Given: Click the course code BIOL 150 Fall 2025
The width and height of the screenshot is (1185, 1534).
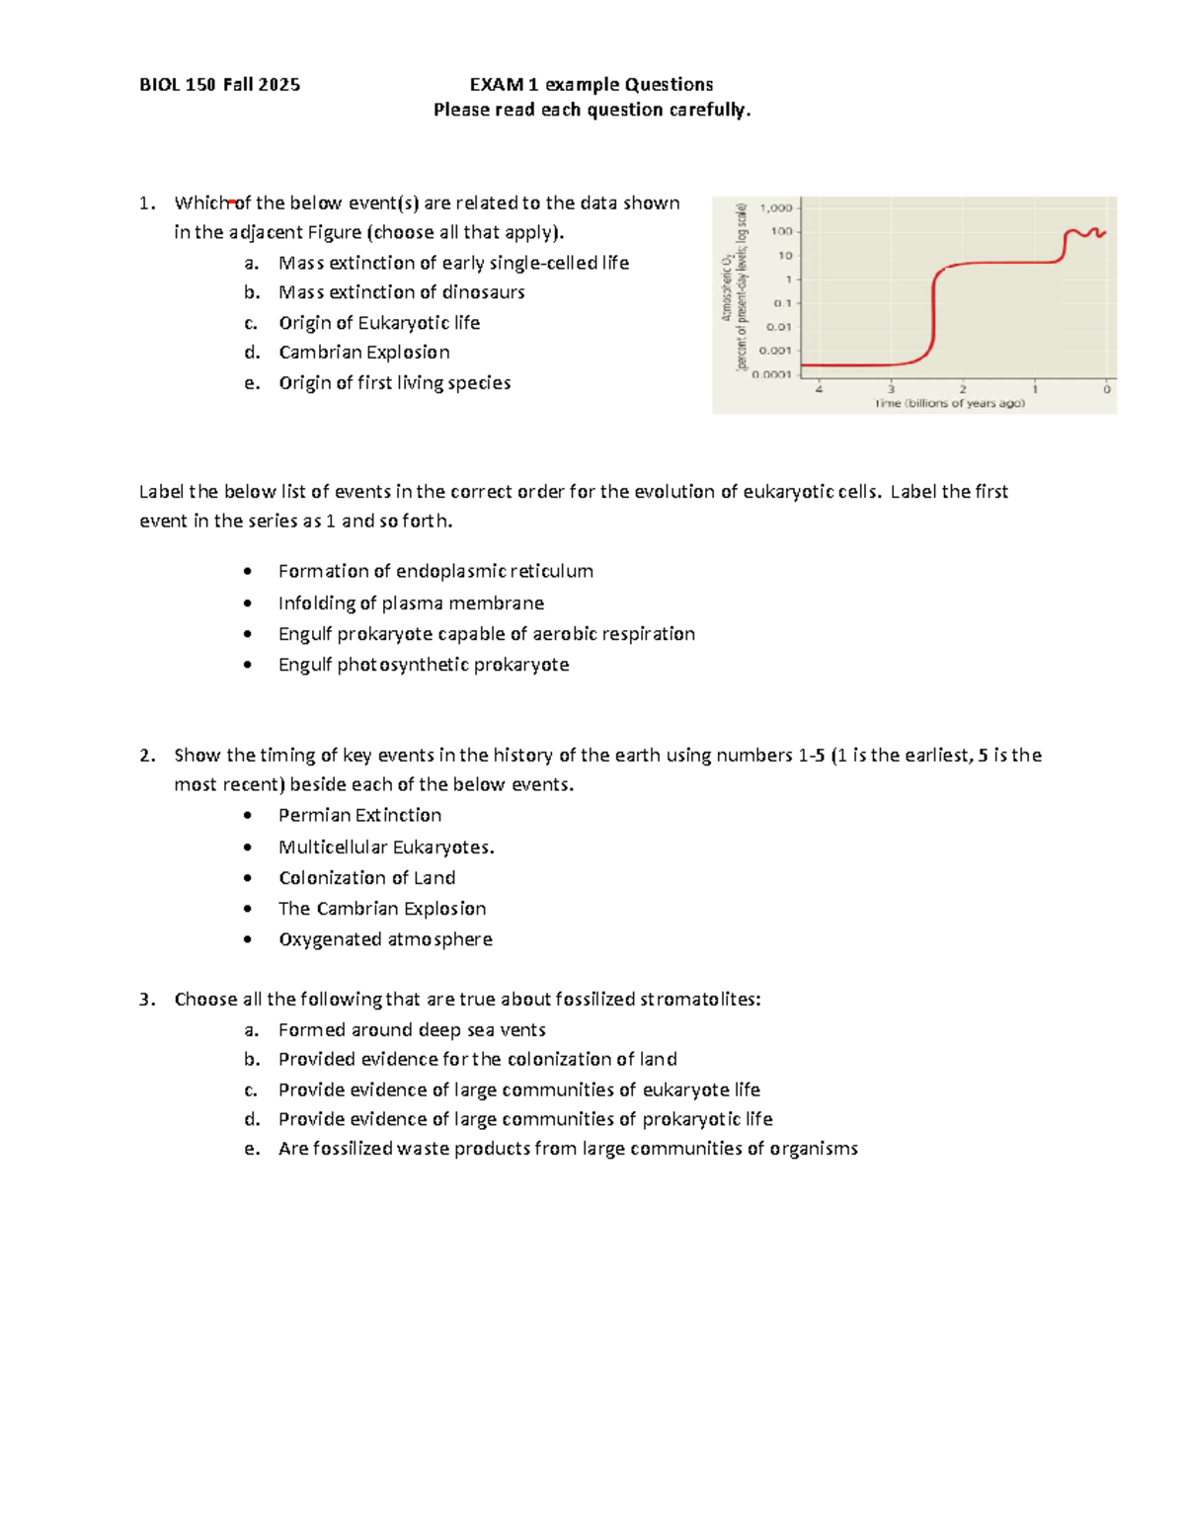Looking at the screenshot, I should point(219,85).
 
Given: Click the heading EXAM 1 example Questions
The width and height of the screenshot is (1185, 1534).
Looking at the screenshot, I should point(591,85).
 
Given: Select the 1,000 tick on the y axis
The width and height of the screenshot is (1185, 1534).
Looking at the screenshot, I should point(776,208).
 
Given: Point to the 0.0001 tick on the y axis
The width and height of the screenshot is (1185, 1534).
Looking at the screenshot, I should point(772,374).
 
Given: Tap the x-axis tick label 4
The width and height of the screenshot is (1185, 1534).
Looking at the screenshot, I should point(819,389).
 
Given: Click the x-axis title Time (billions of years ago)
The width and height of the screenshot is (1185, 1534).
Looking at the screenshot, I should point(949,403).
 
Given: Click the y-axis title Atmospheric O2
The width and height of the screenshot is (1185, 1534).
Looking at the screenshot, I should point(727,286).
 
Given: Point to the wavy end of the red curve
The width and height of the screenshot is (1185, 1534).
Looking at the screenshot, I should point(1088,233).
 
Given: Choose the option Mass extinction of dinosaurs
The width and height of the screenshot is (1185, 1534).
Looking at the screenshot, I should point(401,292).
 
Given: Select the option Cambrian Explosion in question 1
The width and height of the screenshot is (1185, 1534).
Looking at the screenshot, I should point(363,353).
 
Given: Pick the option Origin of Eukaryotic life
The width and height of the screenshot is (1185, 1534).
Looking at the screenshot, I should point(379,323).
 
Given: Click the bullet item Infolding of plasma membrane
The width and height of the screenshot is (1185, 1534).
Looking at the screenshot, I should point(411,604).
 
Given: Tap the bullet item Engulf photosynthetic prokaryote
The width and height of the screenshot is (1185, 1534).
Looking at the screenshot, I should point(424,665).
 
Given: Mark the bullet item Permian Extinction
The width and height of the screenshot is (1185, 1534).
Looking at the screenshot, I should point(359,816).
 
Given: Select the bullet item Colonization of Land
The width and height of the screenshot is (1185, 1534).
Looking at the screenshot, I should point(366,878).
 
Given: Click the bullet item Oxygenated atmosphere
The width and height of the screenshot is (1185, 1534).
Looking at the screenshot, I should point(385,939).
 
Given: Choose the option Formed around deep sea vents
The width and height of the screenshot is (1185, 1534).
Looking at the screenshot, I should point(412,1030).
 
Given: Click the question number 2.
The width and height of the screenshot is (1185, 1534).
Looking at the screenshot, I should point(147,756).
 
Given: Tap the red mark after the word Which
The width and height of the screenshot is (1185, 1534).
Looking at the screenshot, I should point(232,202).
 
